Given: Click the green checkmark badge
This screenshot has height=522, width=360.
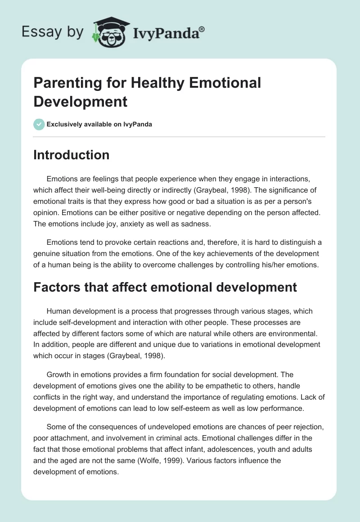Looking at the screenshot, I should (39, 124).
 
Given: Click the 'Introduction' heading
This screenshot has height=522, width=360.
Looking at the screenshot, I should (72, 155).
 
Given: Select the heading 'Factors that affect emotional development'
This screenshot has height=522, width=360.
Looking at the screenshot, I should (165, 287).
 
